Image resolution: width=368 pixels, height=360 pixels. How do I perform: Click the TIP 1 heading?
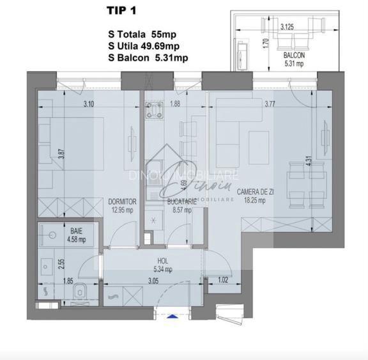click(x=120, y=10)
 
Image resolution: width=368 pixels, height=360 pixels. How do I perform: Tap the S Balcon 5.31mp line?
click(x=148, y=58)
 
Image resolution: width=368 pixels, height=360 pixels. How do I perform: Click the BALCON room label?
click(x=294, y=56)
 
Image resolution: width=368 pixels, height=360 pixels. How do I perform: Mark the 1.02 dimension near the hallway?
click(x=222, y=279)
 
